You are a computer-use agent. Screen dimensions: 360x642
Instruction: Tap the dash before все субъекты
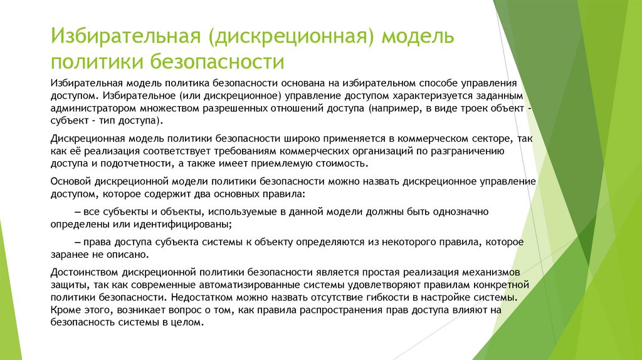click(x=78, y=211)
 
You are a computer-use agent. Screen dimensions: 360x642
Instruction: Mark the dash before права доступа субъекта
click(x=78, y=241)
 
